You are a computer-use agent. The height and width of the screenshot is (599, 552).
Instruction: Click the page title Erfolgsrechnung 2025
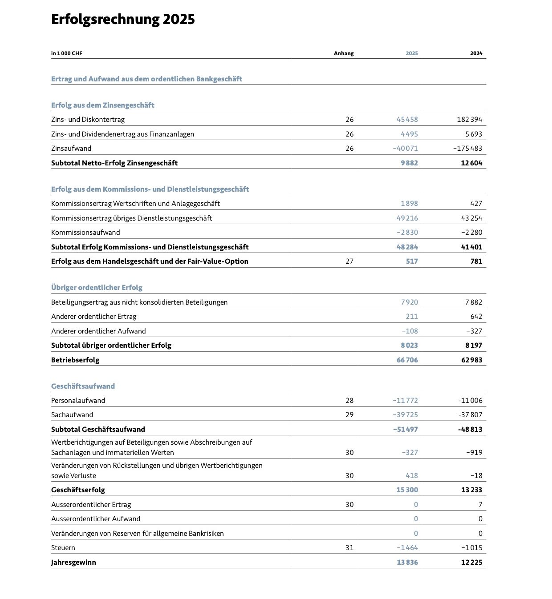123,20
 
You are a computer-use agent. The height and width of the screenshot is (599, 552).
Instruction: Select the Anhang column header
344,53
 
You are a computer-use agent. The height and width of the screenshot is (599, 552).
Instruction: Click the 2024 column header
476,53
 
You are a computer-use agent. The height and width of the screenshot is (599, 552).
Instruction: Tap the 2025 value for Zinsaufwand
405,149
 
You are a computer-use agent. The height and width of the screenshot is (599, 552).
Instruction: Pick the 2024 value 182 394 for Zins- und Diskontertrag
469,120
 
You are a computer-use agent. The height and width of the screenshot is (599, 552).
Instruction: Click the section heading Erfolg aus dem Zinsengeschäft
102,105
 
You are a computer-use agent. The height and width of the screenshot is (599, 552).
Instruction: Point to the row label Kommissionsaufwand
85,233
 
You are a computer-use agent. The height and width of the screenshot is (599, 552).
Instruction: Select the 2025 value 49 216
407,218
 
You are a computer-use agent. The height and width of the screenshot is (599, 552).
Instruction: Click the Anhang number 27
349,261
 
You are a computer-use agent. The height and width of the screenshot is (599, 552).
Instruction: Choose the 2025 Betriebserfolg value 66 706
407,360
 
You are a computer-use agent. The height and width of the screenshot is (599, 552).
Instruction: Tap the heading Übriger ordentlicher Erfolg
97,288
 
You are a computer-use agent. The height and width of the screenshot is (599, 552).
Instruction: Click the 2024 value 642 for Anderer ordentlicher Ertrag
476,317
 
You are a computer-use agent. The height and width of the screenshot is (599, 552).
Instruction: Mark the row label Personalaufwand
78,401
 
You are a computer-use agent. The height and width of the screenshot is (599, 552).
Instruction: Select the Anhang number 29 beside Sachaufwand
349,415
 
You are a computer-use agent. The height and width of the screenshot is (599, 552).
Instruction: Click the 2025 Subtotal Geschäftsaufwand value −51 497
405,430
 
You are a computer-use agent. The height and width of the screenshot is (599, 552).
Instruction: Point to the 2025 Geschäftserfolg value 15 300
407,490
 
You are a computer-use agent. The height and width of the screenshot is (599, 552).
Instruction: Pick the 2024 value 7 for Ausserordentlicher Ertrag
480,505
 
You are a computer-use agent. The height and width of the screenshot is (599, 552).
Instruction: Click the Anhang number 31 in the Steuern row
349,548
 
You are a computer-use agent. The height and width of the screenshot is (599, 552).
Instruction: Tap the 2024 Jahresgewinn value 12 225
471,563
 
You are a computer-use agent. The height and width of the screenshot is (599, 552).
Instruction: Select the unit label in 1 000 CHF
67,53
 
